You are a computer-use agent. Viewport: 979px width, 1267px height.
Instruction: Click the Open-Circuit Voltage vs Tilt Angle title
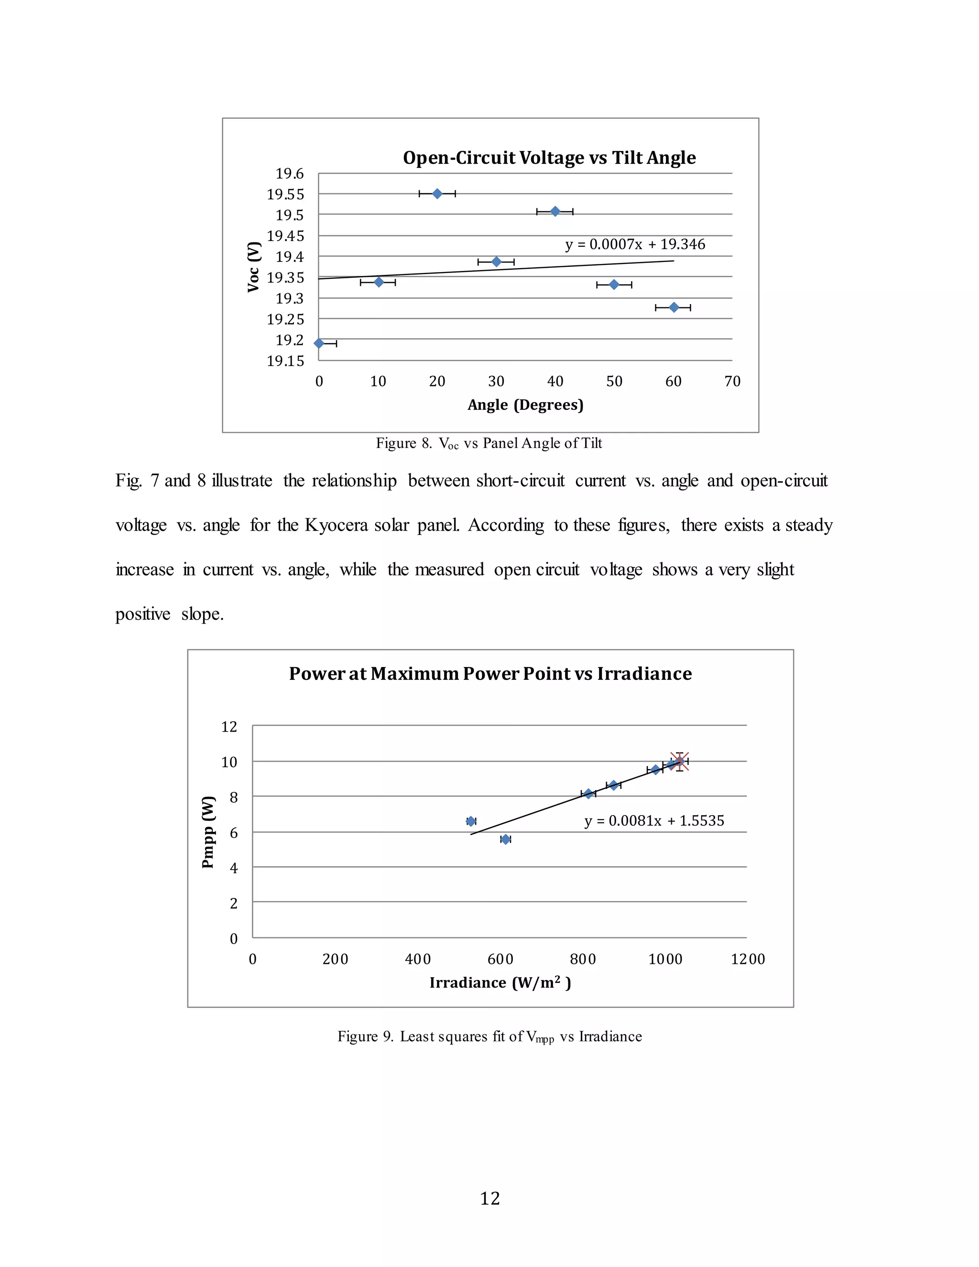coord(549,158)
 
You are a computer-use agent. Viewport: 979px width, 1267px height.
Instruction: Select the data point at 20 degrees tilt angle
coord(437,194)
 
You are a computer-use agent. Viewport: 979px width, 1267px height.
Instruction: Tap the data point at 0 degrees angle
coord(319,343)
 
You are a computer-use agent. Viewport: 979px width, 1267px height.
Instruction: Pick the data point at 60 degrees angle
coord(674,307)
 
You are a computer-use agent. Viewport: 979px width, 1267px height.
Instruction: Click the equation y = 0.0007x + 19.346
coord(635,244)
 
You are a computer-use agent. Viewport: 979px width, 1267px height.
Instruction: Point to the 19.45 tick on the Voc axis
coord(285,236)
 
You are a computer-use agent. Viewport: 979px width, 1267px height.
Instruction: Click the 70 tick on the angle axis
coord(732,381)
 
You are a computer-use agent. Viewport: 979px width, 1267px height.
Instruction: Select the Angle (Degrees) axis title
coord(525,404)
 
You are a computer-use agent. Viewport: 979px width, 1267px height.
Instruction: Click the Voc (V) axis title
coord(253,267)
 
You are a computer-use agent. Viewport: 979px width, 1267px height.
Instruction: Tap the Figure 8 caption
coord(489,444)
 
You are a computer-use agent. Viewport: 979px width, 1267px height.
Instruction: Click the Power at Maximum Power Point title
coord(490,674)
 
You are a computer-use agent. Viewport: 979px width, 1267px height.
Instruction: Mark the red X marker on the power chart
coord(679,761)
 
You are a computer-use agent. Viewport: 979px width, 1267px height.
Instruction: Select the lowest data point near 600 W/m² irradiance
coord(505,840)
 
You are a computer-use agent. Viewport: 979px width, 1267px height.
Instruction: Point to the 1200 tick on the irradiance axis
coord(747,959)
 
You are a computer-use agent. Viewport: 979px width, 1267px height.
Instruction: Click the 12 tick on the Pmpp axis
coord(229,726)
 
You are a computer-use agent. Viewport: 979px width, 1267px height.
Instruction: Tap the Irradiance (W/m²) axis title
coord(500,983)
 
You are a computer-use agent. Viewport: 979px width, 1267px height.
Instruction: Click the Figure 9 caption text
coord(489,1037)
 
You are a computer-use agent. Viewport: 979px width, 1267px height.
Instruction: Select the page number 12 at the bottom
coord(490,1194)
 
